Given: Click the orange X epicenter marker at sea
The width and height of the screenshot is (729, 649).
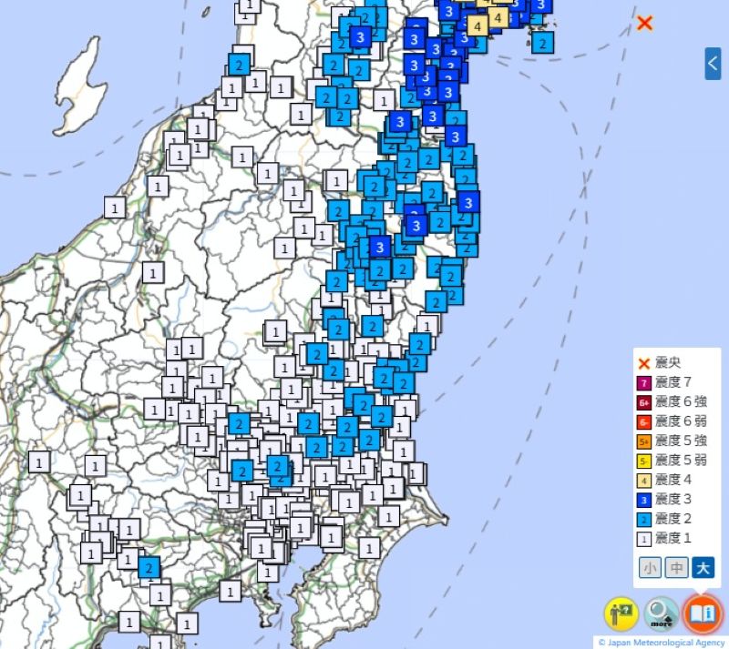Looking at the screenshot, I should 644,23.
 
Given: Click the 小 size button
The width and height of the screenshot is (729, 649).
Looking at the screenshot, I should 650,568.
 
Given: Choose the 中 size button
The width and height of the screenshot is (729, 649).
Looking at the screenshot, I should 676,568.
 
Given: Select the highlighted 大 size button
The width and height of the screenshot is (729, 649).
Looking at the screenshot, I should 703,568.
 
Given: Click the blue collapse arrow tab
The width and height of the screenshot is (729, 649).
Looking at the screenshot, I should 713,64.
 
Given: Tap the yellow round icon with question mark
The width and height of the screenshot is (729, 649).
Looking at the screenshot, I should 622,614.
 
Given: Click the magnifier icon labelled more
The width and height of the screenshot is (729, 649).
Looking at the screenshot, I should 662,614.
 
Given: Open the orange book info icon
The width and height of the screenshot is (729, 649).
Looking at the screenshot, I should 703,614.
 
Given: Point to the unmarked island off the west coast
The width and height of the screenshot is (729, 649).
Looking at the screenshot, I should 79,86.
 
